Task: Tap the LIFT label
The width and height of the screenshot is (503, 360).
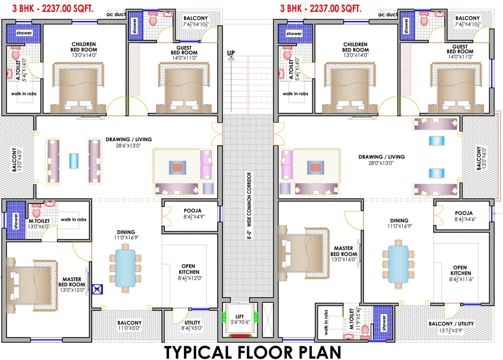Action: coord(240,316)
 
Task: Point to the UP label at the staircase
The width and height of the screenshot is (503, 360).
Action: coord(230,52)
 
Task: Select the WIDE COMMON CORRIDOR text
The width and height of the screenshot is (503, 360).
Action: coord(251,207)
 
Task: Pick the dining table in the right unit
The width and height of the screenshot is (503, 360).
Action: coord(398,262)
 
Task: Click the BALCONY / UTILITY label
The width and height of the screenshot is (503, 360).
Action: coord(451,324)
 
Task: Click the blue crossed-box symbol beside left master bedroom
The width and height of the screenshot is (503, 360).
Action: coord(97,290)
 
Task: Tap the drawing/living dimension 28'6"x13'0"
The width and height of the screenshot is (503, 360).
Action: coord(128,146)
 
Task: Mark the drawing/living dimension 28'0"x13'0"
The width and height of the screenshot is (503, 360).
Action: coord(381,164)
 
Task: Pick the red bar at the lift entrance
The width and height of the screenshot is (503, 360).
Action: coord(240,336)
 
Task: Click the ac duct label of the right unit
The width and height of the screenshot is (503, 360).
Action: coord(388,15)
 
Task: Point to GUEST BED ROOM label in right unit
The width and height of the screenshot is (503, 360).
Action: coord(460,50)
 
